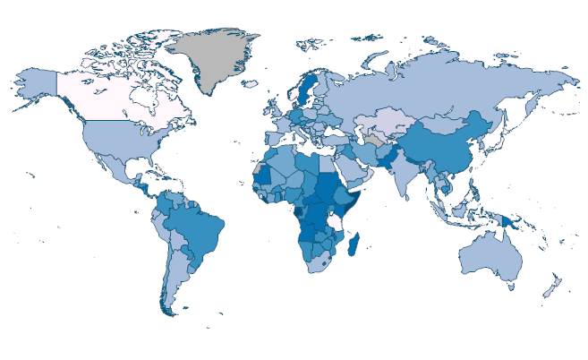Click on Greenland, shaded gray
(215, 58)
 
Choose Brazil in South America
(197, 224)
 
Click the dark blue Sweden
(305, 90)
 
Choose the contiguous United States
(116, 139)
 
